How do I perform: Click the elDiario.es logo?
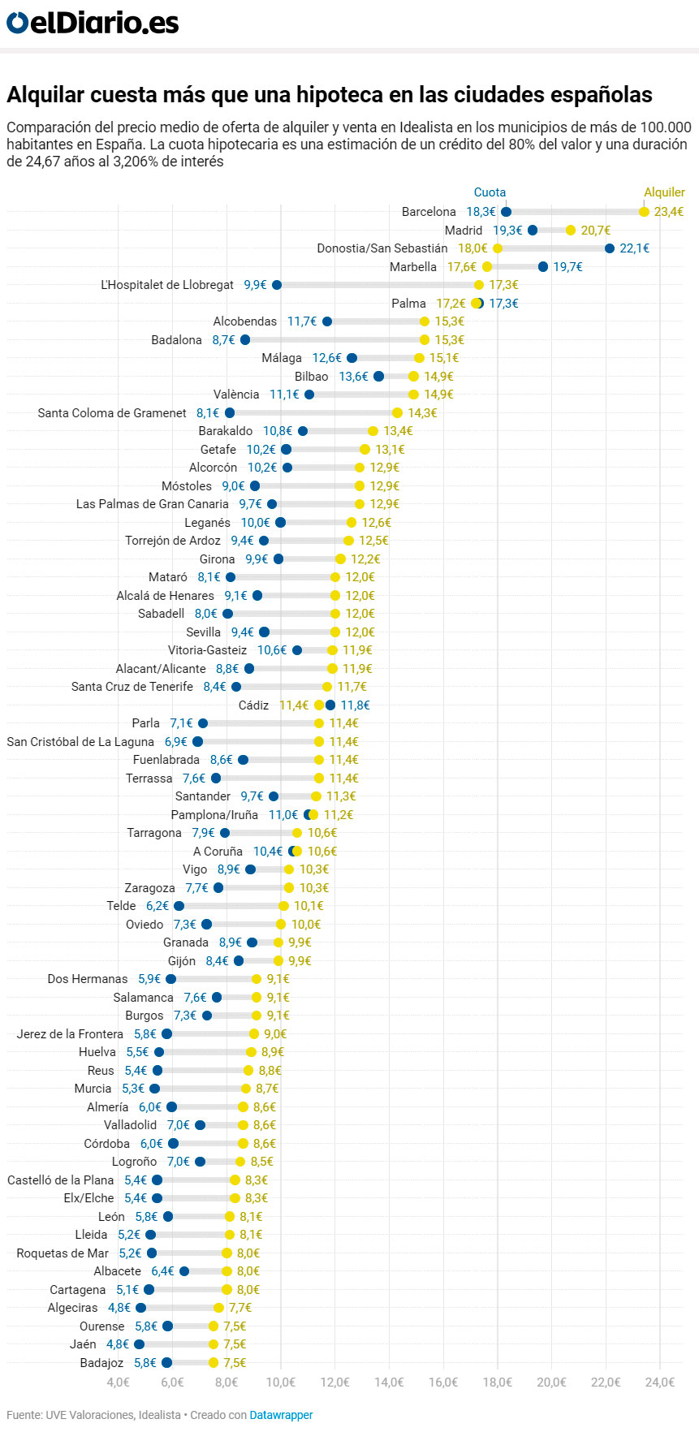(92, 23)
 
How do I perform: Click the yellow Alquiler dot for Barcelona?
(644, 212)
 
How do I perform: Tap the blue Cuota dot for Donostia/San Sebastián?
(610, 248)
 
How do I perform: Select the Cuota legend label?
(490, 192)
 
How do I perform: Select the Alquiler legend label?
(664, 192)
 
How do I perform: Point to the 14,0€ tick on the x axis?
(389, 1382)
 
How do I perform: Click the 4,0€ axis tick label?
(118, 1382)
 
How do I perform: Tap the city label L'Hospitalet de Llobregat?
(167, 285)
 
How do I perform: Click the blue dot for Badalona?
(245, 340)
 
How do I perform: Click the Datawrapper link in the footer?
(281, 1415)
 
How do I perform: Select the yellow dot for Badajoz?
(214, 1363)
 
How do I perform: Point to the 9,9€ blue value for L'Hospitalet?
(255, 285)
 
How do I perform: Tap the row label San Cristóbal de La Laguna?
(80, 742)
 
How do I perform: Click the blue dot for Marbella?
(543, 267)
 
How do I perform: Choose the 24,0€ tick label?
(659, 1382)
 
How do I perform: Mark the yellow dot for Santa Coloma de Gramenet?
(397, 413)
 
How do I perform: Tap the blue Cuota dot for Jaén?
(140, 1344)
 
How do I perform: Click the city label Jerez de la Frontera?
(70, 1034)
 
